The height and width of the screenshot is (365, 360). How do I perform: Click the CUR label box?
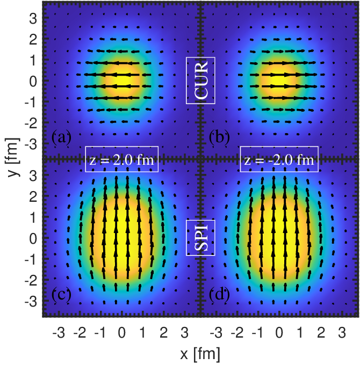click(x=201, y=80)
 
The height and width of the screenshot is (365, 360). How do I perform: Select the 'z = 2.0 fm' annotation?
click(x=121, y=159)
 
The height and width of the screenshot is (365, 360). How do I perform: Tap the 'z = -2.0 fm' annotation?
click(x=279, y=159)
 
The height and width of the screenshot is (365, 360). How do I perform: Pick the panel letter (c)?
click(x=61, y=295)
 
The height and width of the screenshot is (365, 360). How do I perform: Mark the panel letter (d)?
click(x=219, y=295)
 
